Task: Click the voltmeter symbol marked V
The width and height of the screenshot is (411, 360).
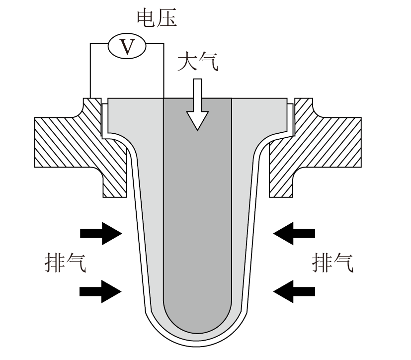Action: click(127, 46)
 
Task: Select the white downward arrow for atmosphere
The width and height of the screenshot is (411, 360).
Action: click(197, 104)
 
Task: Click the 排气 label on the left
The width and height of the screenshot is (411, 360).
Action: click(65, 263)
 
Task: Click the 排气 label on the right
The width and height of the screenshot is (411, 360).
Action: click(332, 263)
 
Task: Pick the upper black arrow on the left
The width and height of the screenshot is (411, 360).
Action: click(101, 233)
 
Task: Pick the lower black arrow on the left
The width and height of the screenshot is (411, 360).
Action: click(101, 291)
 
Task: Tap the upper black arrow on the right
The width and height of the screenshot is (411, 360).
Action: click(294, 233)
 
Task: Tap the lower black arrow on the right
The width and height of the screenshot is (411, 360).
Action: click(294, 291)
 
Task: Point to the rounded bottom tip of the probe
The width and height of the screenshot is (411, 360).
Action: click(196, 346)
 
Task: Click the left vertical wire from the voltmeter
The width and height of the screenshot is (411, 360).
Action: click(90, 71)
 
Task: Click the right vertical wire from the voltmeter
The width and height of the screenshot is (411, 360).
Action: click(164, 71)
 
